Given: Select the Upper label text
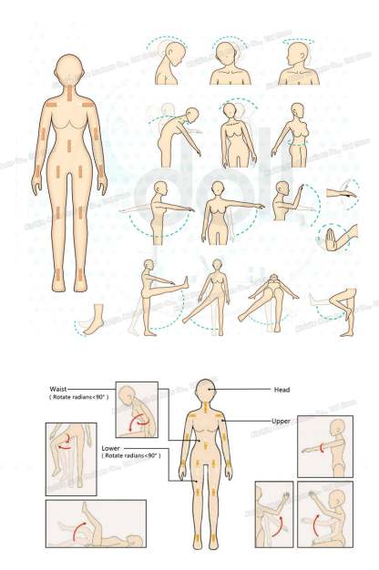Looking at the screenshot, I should point(282,422).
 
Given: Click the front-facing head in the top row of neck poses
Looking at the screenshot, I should point(228,56).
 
